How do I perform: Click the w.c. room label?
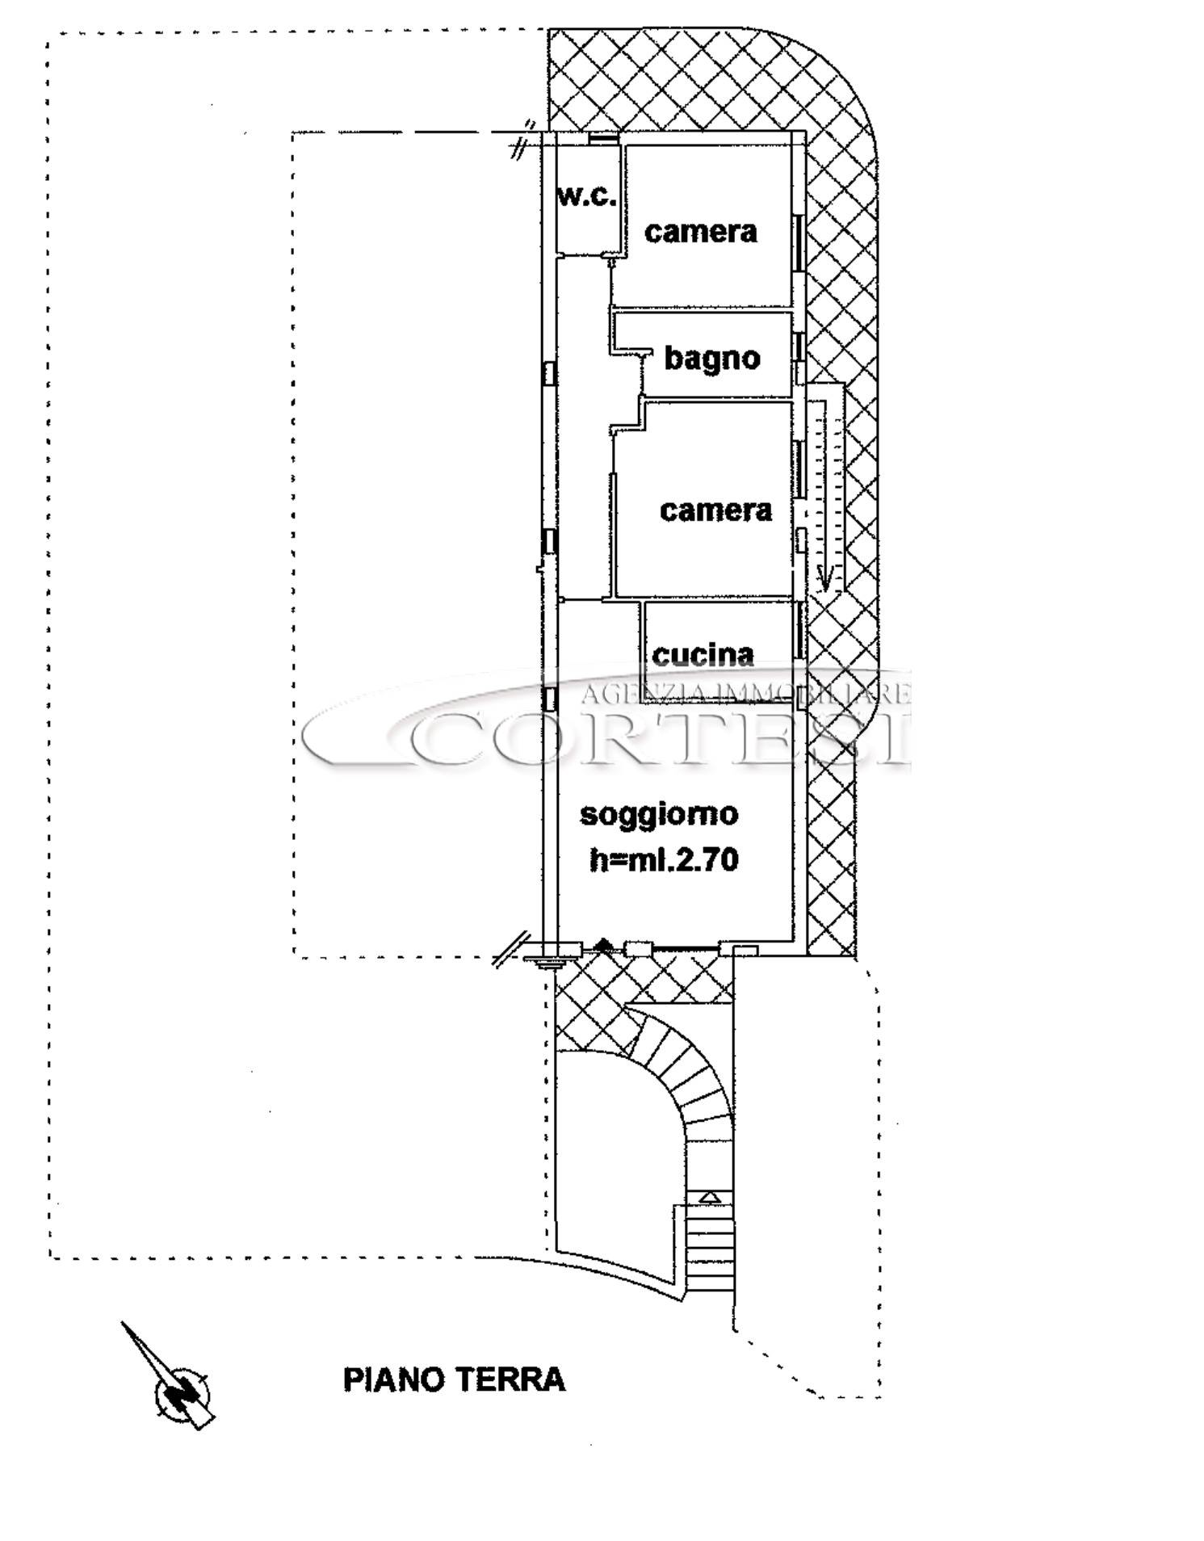(587, 195)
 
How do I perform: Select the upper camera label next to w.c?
(701, 232)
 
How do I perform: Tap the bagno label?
(712, 358)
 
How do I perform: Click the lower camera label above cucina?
(715, 510)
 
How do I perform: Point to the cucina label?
(703, 654)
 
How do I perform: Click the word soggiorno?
(659, 814)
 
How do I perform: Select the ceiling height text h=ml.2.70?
(664, 859)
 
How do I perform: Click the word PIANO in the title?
(393, 1379)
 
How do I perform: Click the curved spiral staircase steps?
(690, 1078)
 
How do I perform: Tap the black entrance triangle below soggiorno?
(603, 944)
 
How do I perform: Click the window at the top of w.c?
(603, 139)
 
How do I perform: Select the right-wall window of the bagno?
(799, 346)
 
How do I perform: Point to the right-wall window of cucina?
(801, 631)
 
